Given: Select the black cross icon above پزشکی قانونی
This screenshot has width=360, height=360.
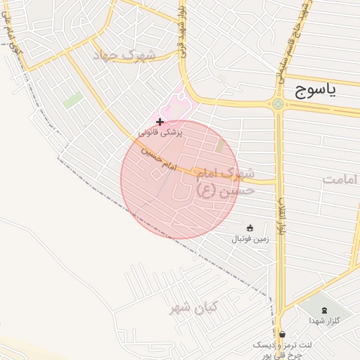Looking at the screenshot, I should click(160, 122).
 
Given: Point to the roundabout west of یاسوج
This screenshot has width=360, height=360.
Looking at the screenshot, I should click(278, 105).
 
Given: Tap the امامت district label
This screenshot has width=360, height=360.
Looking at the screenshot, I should click(341, 180).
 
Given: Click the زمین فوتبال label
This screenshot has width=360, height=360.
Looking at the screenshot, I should click(249, 238).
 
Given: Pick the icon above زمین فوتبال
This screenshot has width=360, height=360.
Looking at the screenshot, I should click(250, 227).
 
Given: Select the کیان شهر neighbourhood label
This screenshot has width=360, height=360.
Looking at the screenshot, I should click(194, 308).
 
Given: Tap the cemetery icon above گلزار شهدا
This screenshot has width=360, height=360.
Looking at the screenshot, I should click(324, 309).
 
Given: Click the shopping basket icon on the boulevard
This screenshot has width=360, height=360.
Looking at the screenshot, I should click(282, 334).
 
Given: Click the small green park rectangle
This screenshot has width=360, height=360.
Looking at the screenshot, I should click(72, 101).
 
